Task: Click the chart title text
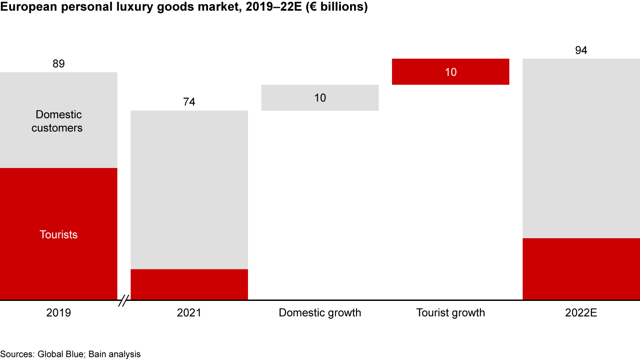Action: (184, 8)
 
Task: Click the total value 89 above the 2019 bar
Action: (59, 64)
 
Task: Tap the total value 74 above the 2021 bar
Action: (189, 102)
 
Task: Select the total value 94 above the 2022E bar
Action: (581, 51)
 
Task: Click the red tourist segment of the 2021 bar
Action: (189, 284)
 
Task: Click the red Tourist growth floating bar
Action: (450, 72)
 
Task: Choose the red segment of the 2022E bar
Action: (581, 269)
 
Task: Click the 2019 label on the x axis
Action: (59, 313)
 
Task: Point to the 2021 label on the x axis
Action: (189, 313)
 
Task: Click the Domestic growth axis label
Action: (320, 313)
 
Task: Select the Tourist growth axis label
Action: (450, 313)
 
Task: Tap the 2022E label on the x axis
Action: (581, 313)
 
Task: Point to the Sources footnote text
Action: (70, 354)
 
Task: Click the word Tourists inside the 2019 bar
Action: (59, 235)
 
